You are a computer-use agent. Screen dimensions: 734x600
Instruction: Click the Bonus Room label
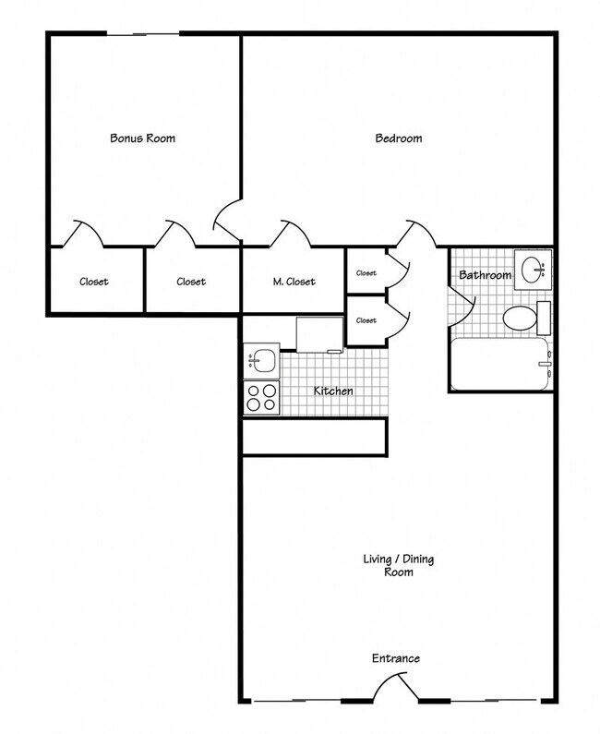click(142, 138)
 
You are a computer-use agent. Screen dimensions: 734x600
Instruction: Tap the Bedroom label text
click(399, 138)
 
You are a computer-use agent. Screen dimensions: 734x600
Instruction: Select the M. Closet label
click(294, 282)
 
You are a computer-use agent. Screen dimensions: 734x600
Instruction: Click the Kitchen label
click(333, 391)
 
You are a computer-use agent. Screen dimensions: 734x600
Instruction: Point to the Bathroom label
click(485, 275)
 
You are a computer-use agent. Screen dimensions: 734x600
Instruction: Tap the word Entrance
click(396, 658)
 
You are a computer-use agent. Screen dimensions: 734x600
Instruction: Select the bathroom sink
click(534, 271)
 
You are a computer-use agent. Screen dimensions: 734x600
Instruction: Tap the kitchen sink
click(261, 358)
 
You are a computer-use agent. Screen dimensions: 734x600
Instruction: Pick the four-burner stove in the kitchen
click(261, 397)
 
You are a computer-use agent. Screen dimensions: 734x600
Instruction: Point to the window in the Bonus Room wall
click(143, 35)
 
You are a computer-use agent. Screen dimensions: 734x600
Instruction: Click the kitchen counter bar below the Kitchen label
click(314, 437)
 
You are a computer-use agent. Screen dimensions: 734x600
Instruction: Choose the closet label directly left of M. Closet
click(190, 282)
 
